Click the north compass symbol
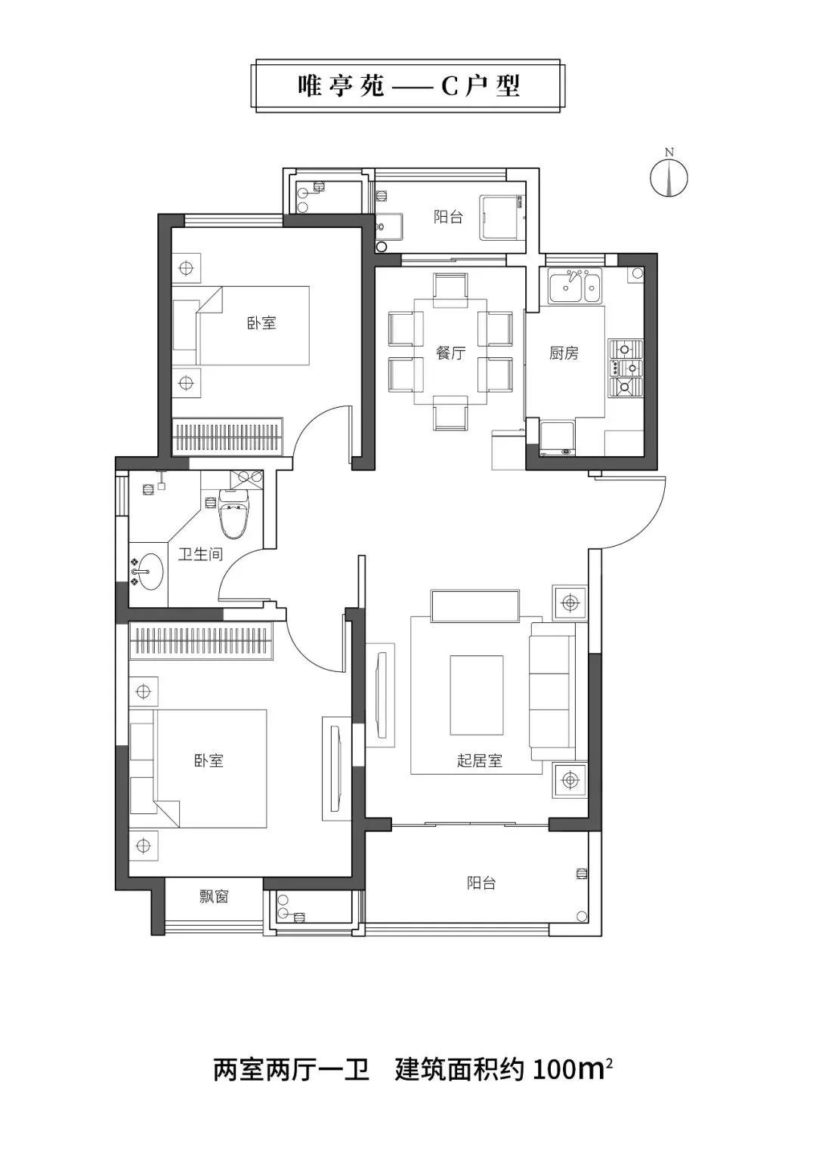coord(669,177)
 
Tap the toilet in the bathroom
coord(234,513)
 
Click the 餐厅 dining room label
coord(450,353)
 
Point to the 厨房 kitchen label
coord(564,353)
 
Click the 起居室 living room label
coord(479,761)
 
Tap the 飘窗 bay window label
coord(213,897)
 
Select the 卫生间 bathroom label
coord(200,554)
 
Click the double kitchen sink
coord(575,285)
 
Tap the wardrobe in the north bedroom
coord(227,436)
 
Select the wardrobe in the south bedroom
coord(200,640)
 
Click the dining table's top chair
coord(451,290)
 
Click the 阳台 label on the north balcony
coord(447,217)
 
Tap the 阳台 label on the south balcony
coord(481,883)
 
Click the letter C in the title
coord(449,87)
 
